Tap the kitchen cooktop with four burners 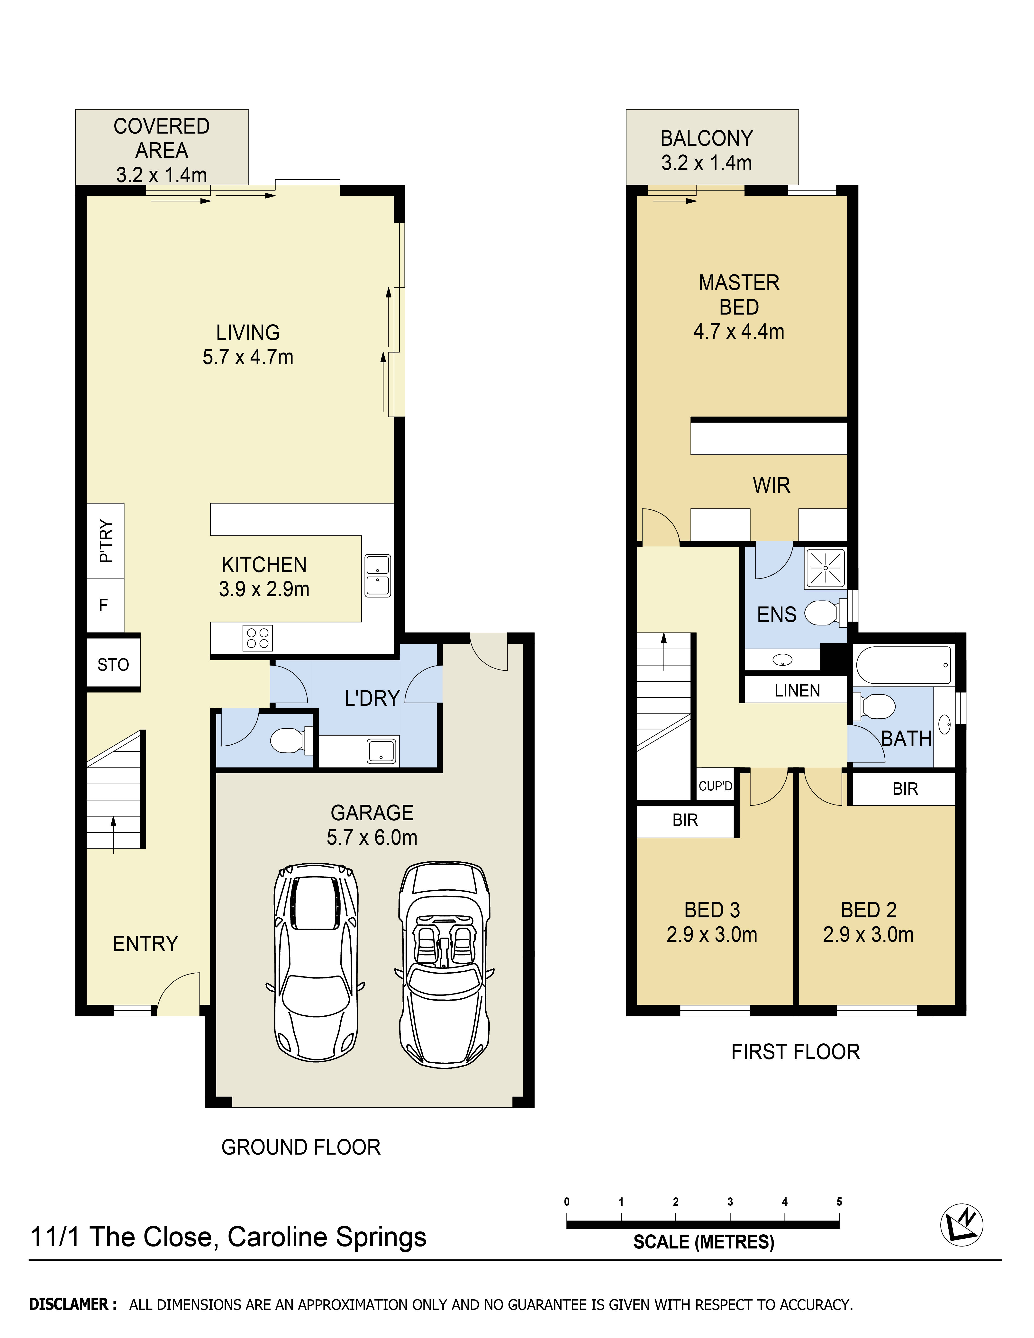pyautogui.click(x=257, y=638)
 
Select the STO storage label pyautogui.click(x=113, y=665)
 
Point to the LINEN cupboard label pyautogui.click(x=797, y=691)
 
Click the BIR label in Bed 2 pyautogui.click(x=905, y=789)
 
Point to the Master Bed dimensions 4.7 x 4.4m pyautogui.click(x=739, y=331)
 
